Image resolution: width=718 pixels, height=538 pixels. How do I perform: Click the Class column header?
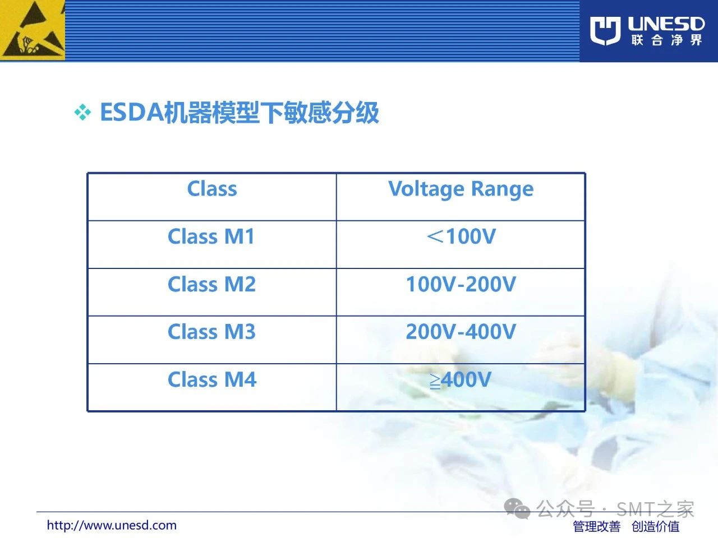coord(212,189)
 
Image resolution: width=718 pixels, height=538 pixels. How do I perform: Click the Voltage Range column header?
coord(461,189)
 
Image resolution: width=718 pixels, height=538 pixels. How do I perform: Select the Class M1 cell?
coord(211,236)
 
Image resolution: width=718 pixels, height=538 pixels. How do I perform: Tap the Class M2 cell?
coord(211,284)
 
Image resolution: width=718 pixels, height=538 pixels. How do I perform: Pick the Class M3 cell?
coord(211,332)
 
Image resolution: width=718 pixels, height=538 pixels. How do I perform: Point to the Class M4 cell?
coord(212,379)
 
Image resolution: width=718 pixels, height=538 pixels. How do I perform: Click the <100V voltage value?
coord(461,236)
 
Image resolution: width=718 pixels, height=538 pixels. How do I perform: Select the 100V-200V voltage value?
coord(461,284)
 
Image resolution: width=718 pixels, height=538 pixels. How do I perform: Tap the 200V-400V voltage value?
coord(461,332)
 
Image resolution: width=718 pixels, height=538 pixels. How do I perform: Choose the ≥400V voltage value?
coord(461,379)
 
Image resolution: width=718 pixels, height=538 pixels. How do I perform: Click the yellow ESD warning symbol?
coord(33,30)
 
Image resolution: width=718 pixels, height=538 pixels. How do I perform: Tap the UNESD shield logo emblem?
coord(605,31)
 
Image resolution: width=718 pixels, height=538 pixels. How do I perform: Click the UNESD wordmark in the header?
coord(666,24)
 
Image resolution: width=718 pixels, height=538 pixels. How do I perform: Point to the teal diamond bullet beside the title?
coord(83,113)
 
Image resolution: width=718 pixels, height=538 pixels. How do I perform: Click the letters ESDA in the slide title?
coord(131,113)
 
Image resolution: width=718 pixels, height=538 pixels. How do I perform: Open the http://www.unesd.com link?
coord(112,525)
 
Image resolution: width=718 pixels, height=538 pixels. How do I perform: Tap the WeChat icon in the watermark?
coord(517,509)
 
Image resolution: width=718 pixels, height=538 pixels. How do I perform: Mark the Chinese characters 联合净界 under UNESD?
coord(666,40)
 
